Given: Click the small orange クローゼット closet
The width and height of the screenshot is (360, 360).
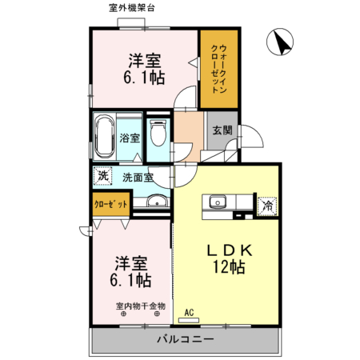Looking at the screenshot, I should tap(110, 205).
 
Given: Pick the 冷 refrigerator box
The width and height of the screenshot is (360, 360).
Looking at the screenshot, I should tap(267, 206).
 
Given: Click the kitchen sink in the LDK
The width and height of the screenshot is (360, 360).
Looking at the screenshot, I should tap(218, 202).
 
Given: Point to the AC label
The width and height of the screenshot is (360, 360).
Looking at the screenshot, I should tap(189, 312).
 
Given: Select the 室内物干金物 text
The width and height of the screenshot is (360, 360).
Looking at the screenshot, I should tap(140, 306).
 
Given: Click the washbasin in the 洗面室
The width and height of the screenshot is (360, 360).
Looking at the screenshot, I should tap(158, 202).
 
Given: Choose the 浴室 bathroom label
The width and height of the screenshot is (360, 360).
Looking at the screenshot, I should tap(130, 138).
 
